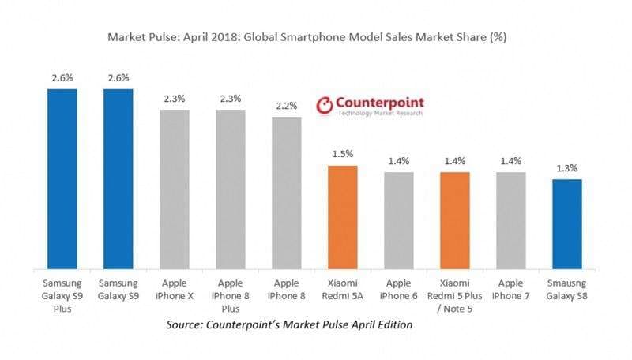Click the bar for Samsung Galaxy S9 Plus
coord(62,178)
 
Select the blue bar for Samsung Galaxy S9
coord(118,178)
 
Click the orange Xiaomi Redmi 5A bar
coord(343,216)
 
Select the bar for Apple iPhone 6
coord(399,219)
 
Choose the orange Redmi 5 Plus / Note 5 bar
coord(455,219)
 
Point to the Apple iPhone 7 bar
coord(511,219)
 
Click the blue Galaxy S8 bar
coord(567,223)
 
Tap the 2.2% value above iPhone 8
coord(287,106)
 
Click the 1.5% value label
coord(343,154)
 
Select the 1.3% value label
coord(567,167)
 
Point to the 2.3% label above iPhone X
coord(175,98)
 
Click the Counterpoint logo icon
coord(324,106)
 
